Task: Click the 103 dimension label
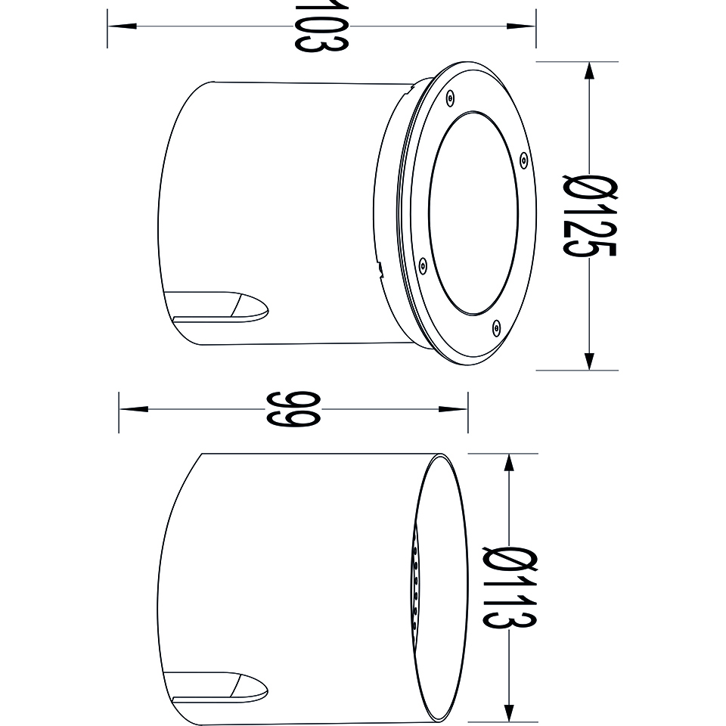pyautogui.click(x=321, y=26)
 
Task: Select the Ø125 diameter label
pyautogui.click(x=589, y=216)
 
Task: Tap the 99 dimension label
pyautogui.click(x=293, y=409)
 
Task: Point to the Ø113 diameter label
pyautogui.click(x=510, y=588)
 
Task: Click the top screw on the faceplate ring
pyautogui.click(x=449, y=98)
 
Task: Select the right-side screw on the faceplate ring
pyautogui.click(x=523, y=160)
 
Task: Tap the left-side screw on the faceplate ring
pyautogui.click(x=422, y=265)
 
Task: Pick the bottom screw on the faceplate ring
pyautogui.click(x=496, y=327)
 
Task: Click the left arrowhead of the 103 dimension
pyautogui.click(x=122, y=26)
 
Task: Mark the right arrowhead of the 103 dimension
pyautogui.click(x=521, y=26)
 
